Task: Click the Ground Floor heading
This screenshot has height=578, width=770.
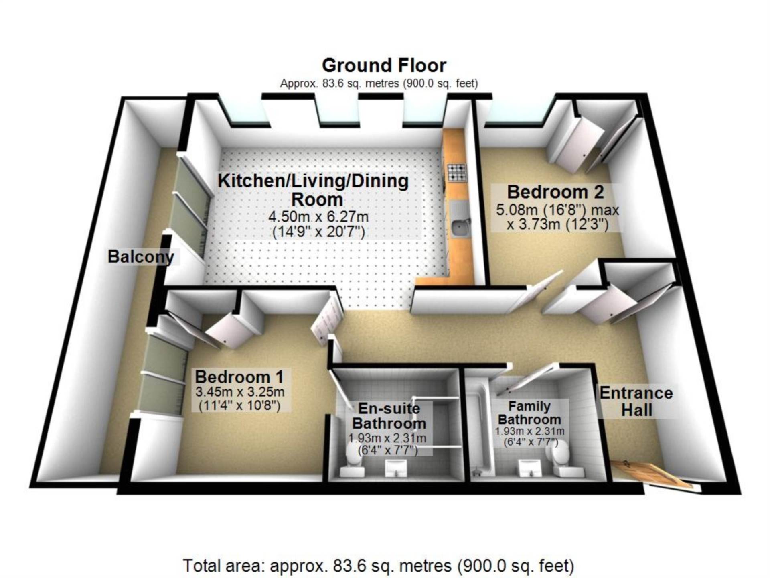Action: (384, 65)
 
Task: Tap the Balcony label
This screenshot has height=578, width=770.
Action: (141, 256)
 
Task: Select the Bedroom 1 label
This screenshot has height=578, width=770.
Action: (239, 377)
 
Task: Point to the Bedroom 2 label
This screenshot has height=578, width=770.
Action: (555, 192)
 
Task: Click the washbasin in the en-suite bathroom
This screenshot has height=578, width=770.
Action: (396, 468)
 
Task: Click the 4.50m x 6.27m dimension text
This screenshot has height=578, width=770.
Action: (318, 217)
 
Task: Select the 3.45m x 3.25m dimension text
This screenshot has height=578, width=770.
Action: (240, 392)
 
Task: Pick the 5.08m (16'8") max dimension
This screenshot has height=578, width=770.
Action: (557, 210)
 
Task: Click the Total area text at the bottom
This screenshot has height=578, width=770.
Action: (379, 566)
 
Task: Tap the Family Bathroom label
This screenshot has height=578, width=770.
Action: (529, 413)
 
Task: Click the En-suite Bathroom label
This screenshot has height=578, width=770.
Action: (389, 416)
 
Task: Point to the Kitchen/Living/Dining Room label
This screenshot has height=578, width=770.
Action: (313, 190)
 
